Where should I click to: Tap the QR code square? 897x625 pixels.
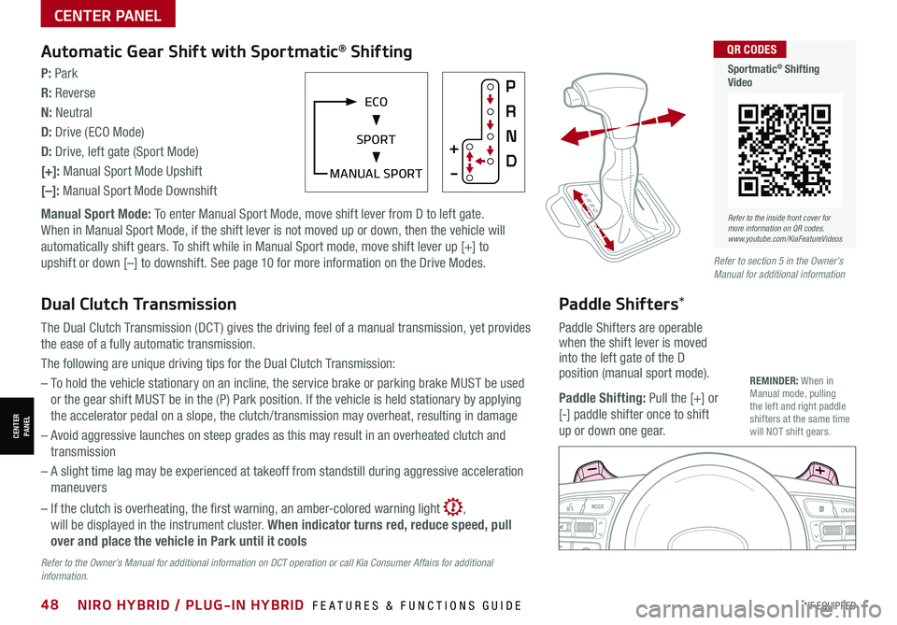(x=784, y=150)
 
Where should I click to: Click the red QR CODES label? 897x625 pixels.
(x=749, y=50)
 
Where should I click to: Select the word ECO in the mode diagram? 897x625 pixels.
(x=377, y=101)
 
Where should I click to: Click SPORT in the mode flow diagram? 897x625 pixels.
(x=376, y=139)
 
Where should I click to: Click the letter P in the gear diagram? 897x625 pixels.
(x=510, y=86)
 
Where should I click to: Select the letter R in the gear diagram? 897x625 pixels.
(x=510, y=110)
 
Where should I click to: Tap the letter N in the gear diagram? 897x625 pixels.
(x=510, y=136)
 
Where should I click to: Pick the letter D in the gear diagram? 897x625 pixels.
(x=510, y=162)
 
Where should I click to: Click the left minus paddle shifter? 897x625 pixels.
(x=593, y=471)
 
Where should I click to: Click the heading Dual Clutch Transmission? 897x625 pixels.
(x=138, y=304)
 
